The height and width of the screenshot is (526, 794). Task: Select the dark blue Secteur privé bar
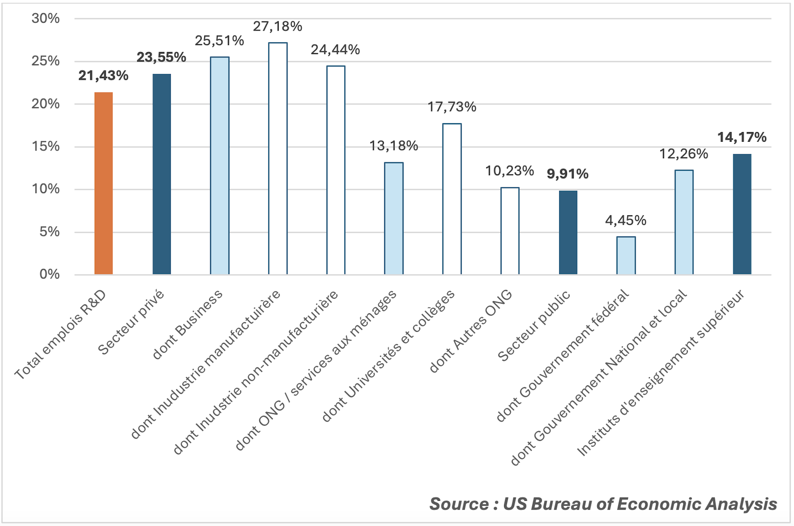coord(162,174)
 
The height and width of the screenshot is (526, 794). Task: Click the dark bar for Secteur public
coord(568,232)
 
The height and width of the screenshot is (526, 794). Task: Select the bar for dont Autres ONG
coord(510,231)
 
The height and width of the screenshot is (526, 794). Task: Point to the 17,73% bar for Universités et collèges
coord(452,199)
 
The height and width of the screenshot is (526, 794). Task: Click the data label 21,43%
coord(103,76)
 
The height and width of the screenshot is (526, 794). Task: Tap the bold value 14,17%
coord(742,137)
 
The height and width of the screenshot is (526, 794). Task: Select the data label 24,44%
coord(335,50)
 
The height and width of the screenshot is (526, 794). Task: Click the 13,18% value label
coord(394,146)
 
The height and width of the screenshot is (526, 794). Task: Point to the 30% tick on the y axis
coord(46,19)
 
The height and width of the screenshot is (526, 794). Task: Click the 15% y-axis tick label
coord(46,147)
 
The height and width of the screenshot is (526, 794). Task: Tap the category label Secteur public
coord(534,326)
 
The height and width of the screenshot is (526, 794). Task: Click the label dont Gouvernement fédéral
coord(562,356)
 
